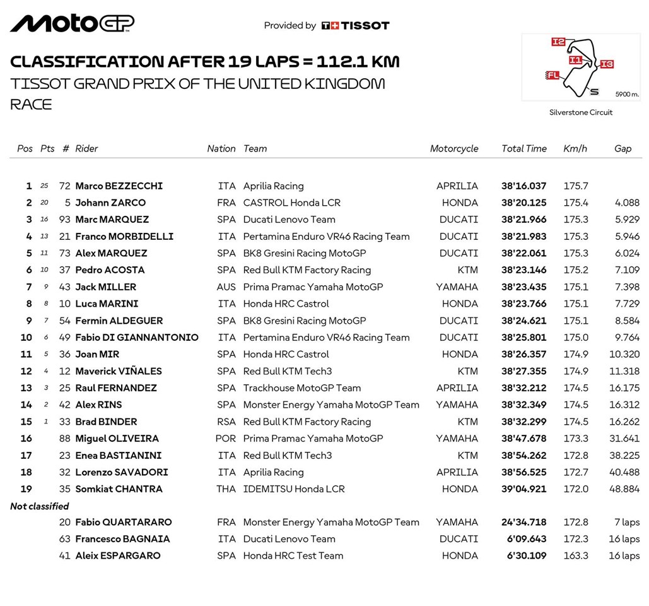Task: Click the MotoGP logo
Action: pos(72,23)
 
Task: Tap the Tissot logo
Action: pos(355,26)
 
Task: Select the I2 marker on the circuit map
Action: pos(558,42)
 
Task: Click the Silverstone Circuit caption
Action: pos(581,112)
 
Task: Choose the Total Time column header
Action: pos(523,149)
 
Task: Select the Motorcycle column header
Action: pos(454,149)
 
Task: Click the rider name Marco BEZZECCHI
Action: pos(119,186)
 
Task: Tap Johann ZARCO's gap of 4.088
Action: pos(627,203)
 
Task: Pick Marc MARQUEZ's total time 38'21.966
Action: pos(523,220)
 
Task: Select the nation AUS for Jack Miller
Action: pos(226,287)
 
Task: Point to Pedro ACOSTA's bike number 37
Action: pos(65,270)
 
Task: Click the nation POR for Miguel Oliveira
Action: pos(226,439)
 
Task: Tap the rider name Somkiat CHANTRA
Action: pos(119,489)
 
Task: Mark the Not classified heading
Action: pos(40,506)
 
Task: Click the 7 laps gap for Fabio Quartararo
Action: pos(626,523)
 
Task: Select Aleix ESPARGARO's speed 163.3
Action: pos(575,556)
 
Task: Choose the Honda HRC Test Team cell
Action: pos(293,556)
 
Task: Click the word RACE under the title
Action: pos(31,105)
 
